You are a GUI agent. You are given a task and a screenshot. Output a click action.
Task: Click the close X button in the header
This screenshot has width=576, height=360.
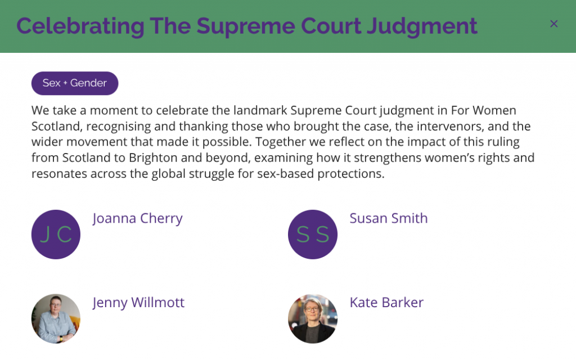pyautogui.click(x=553, y=24)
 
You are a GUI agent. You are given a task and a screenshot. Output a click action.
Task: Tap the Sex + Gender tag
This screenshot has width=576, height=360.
pyautogui.click(x=75, y=83)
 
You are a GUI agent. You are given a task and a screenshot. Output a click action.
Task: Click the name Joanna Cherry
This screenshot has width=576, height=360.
pyautogui.click(x=137, y=218)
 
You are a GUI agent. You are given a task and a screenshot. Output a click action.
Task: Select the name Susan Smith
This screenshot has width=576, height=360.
pyautogui.click(x=388, y=218)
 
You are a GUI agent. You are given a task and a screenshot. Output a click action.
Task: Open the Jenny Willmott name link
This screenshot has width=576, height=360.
pyautogui.click(x=138, y=302)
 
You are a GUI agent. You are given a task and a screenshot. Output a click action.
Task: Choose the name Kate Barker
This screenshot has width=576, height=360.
pyautogui.click(x=386, y=302)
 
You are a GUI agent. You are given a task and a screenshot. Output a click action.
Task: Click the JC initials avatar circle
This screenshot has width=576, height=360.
pyautogui.click(x=56, y=235)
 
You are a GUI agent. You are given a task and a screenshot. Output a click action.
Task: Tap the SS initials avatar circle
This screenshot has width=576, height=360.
pyautogui.click(x=313, y=235)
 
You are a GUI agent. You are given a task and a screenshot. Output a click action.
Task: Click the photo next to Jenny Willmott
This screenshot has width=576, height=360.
pyautogui.click(x=56, y=318)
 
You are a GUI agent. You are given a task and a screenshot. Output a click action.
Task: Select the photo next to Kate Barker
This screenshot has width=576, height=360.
pyautogui.click(x=313, y=318)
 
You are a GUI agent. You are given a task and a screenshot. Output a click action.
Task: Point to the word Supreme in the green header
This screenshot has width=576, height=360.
pyautogui.click(x=245, y=26)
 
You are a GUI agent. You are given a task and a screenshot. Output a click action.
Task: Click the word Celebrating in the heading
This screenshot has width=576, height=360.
pyautogui.click(x=80, y=26)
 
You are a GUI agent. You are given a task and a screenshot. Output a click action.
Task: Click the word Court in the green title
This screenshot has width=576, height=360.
pyautogui.click(x=331, y=26)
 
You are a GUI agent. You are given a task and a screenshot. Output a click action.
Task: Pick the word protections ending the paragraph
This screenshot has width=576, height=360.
pyautogui.click(x=351, y=174)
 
